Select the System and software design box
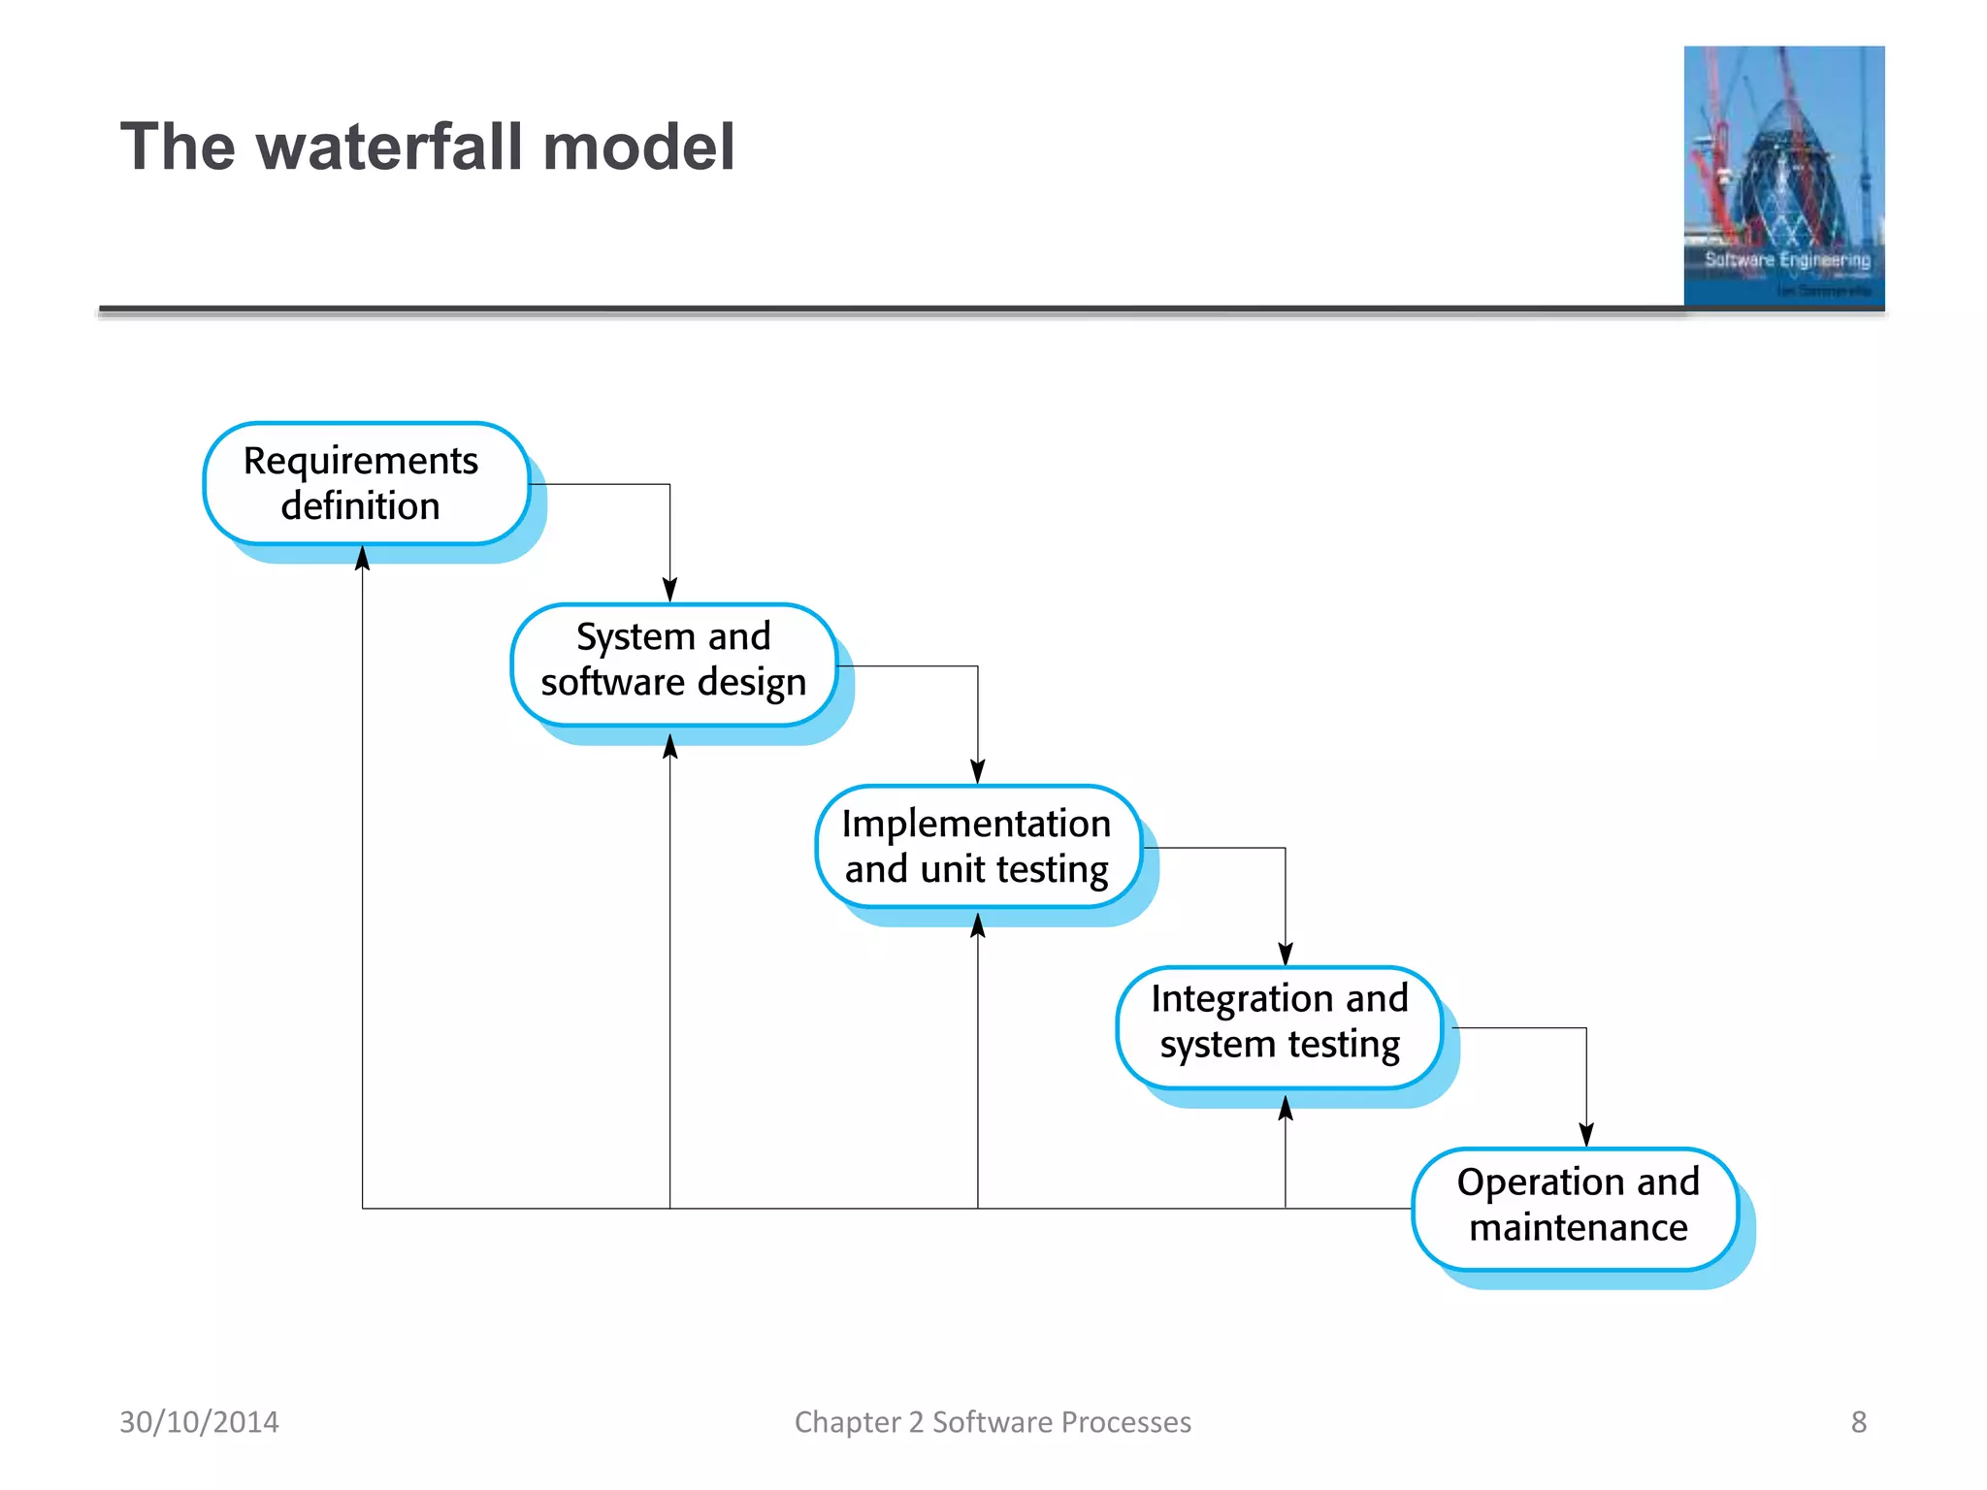(x=673, y=664)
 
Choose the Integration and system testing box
(x=1279, y=1026)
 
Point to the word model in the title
(x=638, y=147)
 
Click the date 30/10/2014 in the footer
(x=199, y=1422)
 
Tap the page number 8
(x=1858, y=1422)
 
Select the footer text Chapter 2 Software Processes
(x=993, y=1422)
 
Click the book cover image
(x=1783, y=177)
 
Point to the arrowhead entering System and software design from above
(x=669, y=590)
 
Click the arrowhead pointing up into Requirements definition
(x=362, y=559)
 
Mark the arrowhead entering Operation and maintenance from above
(x=1586, y=1134)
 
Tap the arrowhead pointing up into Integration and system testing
(x=1286, y=1108)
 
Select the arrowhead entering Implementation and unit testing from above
(x=978, y=771)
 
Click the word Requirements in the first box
(x=360, y=461)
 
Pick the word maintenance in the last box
(x=1578, y=1228)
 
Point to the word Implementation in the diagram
(x=976, y=824)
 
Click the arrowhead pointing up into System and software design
(x=669, y=746)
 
